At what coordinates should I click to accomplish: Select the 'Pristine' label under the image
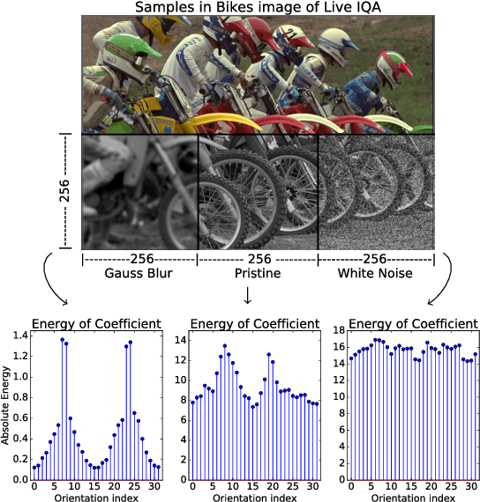[259, 274]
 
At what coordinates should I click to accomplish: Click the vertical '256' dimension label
[64, 191]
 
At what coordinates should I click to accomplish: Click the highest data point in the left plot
[62, 339]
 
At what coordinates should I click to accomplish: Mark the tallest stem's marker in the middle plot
[225, 346]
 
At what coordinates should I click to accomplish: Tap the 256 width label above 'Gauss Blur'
[139, 259]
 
